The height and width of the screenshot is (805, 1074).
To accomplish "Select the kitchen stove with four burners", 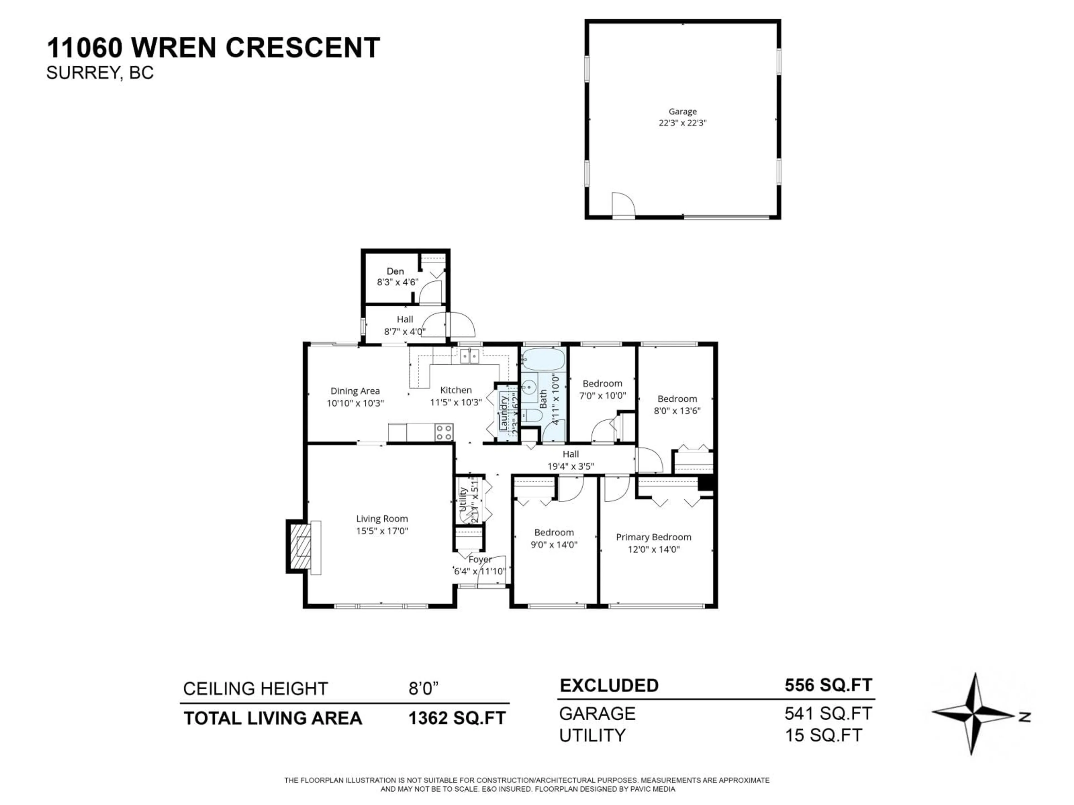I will click(444, 432).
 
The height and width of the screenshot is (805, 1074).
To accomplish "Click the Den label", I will click(395, 271).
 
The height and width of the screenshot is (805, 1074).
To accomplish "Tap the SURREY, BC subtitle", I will click(100, 73).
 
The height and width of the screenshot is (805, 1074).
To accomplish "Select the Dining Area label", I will click(355, 391).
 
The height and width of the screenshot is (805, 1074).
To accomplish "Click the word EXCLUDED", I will click(609, 686).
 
